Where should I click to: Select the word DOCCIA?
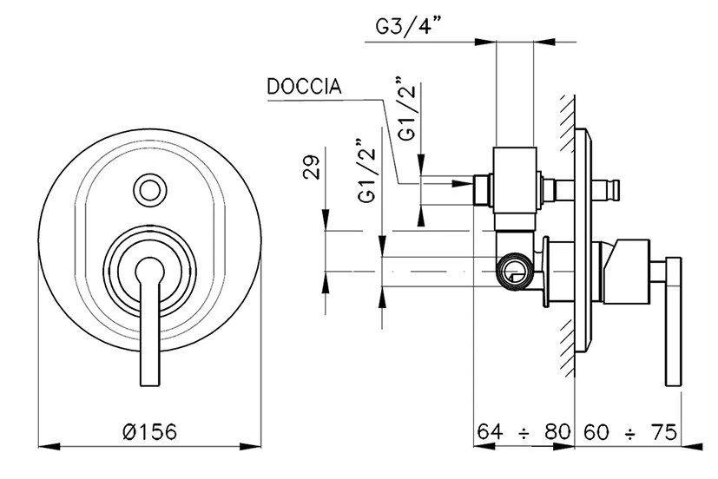(303, 88)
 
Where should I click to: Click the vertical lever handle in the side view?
(673, 321)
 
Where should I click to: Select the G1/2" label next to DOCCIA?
(406, 110)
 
